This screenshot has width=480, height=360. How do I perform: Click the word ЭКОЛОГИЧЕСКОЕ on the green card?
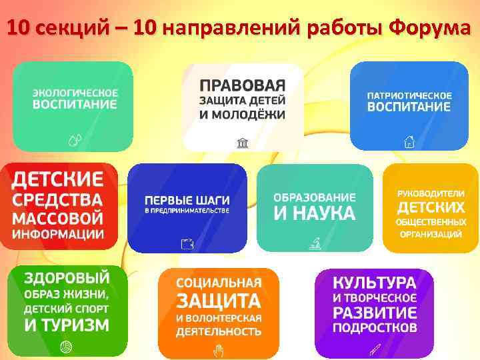(x=76, y=93)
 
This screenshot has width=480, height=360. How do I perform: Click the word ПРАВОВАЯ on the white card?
(x=243, y=86)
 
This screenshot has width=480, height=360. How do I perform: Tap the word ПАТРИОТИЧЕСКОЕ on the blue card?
(x=409, y=95)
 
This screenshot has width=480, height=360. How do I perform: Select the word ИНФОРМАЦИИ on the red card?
(x=59, y=234)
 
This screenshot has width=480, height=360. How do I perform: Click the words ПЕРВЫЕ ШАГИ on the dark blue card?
(x=187, y=199)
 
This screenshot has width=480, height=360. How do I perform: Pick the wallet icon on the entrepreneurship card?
(x=187, y=244)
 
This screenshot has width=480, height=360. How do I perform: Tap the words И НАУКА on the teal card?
(x=315, y=214)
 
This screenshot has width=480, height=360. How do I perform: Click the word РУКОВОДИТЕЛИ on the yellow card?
(x=430, y=193)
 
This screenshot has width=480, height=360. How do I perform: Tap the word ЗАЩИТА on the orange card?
(x=218, y=299)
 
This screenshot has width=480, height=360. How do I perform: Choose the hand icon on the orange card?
(x=217, y=349)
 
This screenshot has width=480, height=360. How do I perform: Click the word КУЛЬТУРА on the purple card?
(x=375, y=282)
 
